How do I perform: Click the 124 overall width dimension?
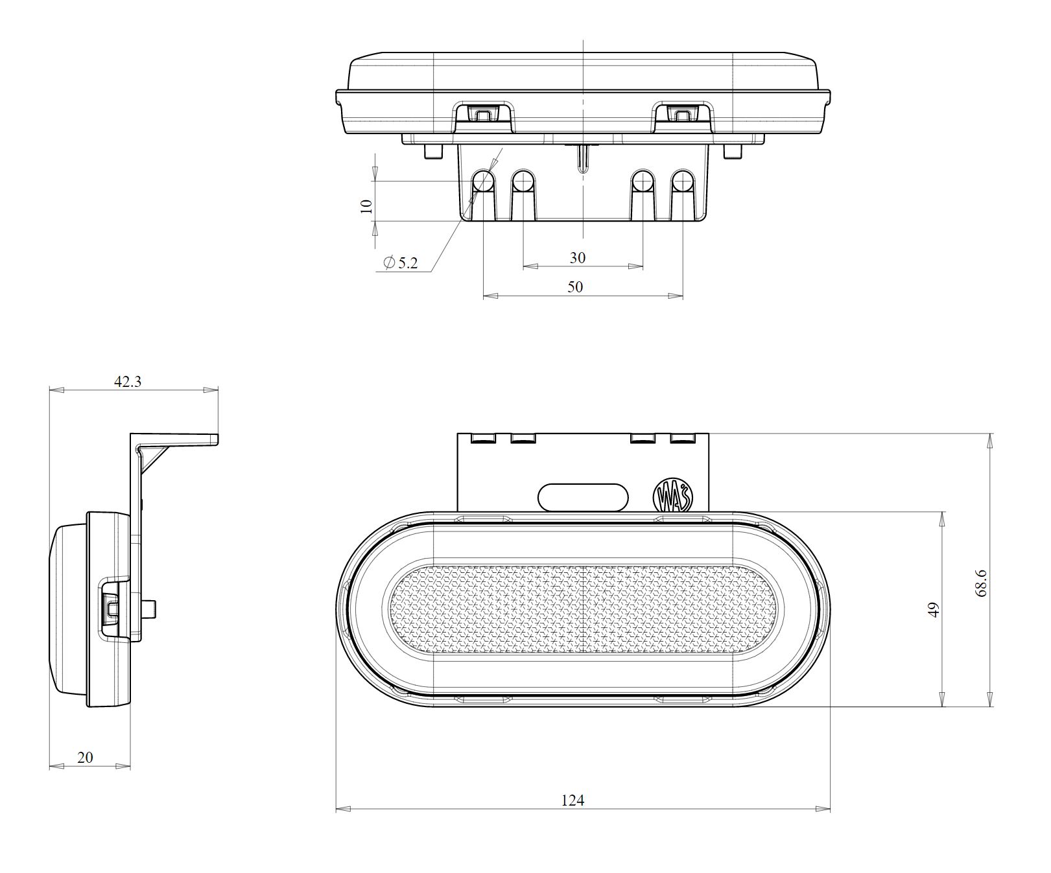click(573, 800)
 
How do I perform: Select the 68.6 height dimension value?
click(980, 583)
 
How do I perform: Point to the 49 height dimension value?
click(934, 610)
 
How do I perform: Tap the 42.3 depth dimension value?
click(128, 381)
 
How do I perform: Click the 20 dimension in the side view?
click(85, 757)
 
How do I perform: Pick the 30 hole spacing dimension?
click(577, 257)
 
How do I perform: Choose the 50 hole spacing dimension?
click(575, 286)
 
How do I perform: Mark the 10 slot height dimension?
click(366, 205)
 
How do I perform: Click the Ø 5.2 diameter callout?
click(401, 262)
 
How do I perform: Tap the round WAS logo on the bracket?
click(673, 495)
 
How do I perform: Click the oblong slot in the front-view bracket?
click(583, 496)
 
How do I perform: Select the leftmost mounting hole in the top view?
click(483, 183)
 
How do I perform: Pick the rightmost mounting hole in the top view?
click(682, 183)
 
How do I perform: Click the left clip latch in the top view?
click(482, 114)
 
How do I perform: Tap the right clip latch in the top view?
click(683, 114)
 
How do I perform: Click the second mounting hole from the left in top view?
click(523, 183)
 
